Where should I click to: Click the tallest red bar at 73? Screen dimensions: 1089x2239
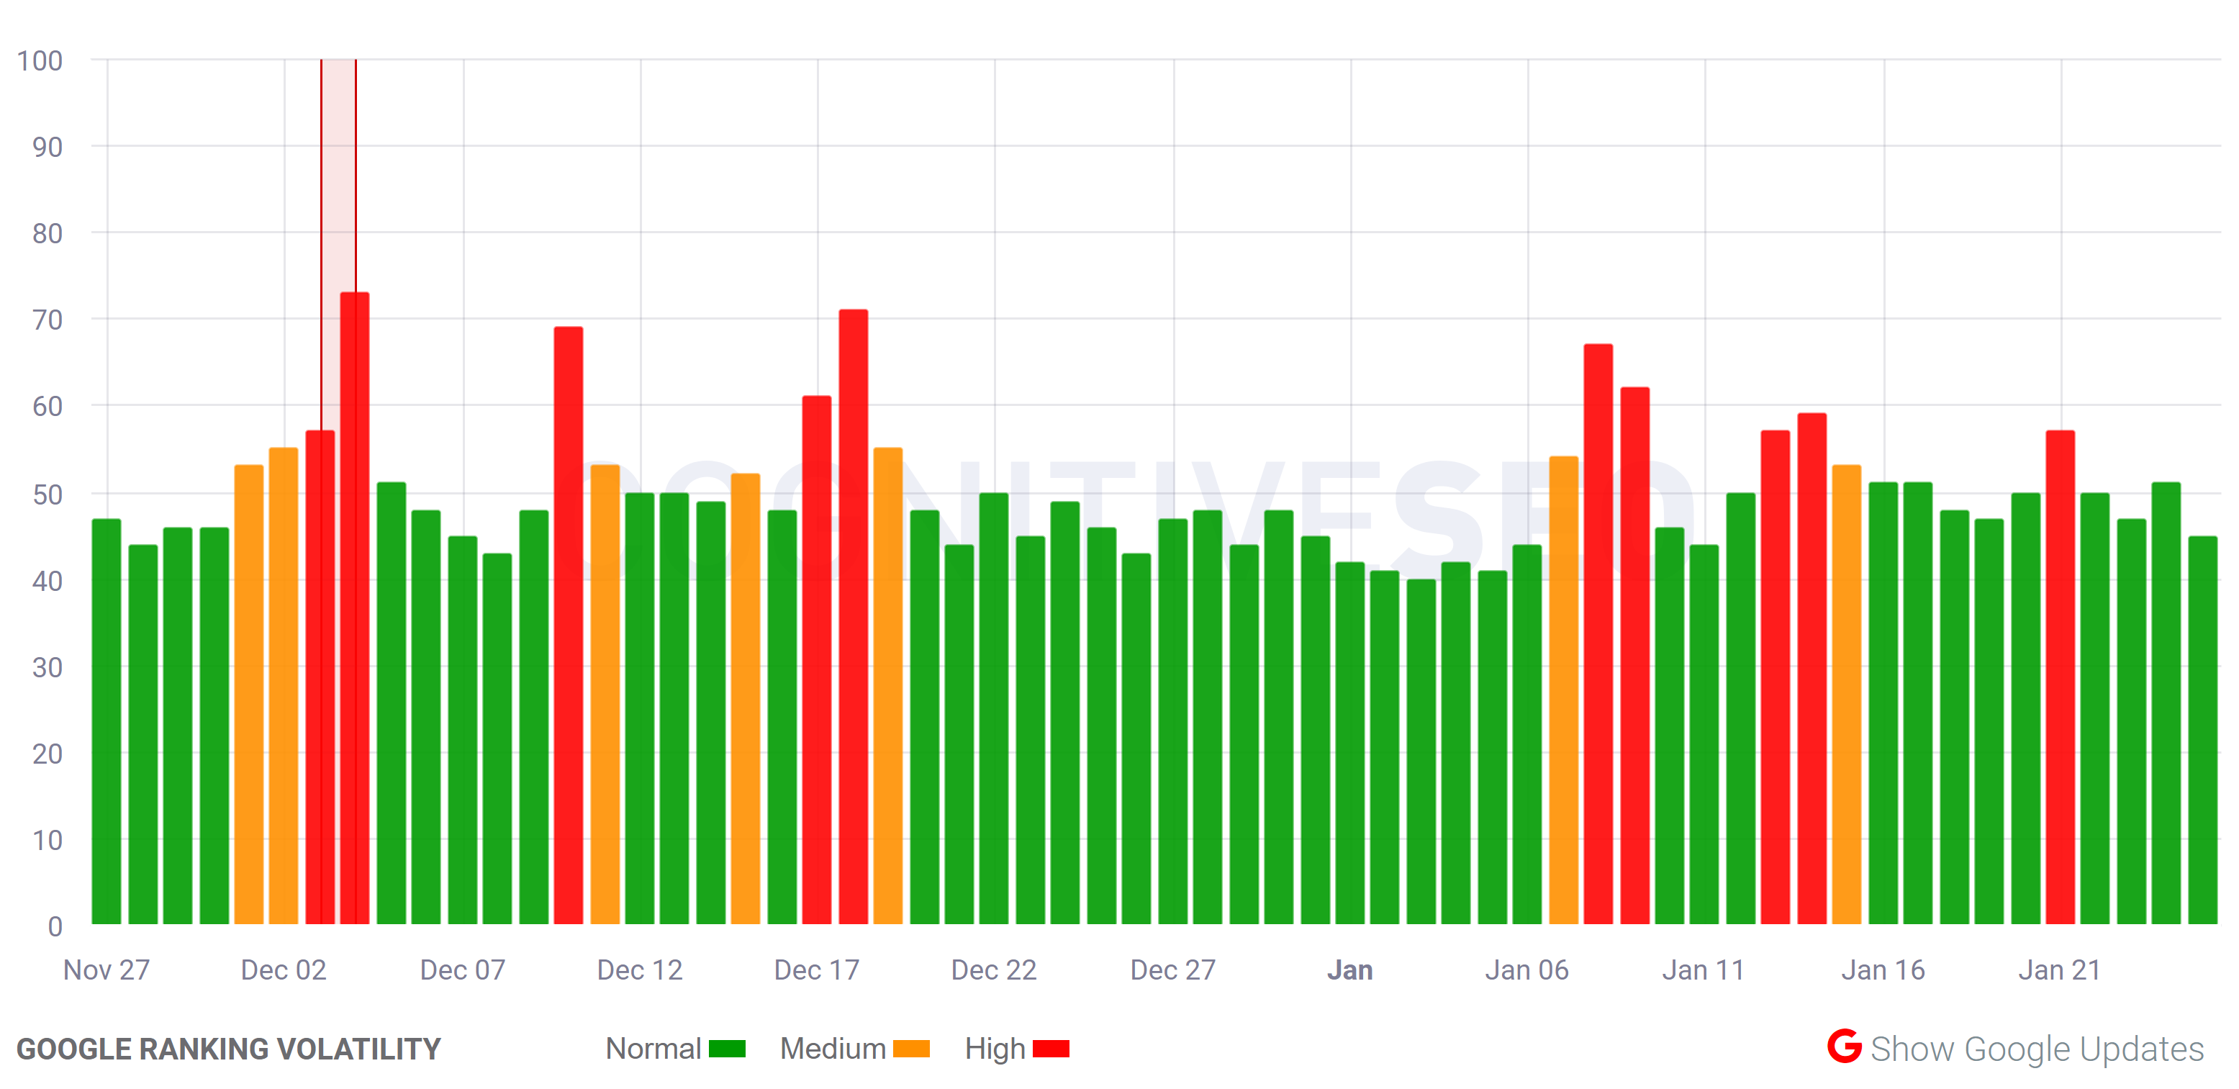pos(355,608)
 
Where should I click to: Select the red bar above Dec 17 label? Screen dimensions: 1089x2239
pos(816,661)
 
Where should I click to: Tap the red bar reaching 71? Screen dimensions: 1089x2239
pos(853,617)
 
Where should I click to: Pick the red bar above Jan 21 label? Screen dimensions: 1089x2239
pos(2060,678)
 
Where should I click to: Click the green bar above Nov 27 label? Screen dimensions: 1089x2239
pos(107,721)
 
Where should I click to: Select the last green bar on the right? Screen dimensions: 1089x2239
pos(2202,730)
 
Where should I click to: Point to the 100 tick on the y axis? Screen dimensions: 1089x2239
pos(40,61)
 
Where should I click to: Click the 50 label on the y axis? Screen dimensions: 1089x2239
pos(47,494)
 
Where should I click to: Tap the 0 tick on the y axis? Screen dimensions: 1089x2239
pos(55,926)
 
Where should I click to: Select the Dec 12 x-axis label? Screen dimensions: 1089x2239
pos(640,970)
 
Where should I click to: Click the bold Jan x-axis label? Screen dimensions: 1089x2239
pos(1350,970)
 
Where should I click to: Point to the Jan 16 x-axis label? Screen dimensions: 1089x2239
pos(1883,970)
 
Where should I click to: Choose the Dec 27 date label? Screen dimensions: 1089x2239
pos(1172,970)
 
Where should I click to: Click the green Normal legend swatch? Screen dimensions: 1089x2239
pos(727,1049)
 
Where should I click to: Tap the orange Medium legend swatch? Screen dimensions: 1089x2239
pos(911,1049)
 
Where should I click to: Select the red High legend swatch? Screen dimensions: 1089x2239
pos(1050,1049)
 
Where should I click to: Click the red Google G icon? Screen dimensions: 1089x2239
pos(1844,1047)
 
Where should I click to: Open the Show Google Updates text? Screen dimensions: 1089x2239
pos(2037,1049)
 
